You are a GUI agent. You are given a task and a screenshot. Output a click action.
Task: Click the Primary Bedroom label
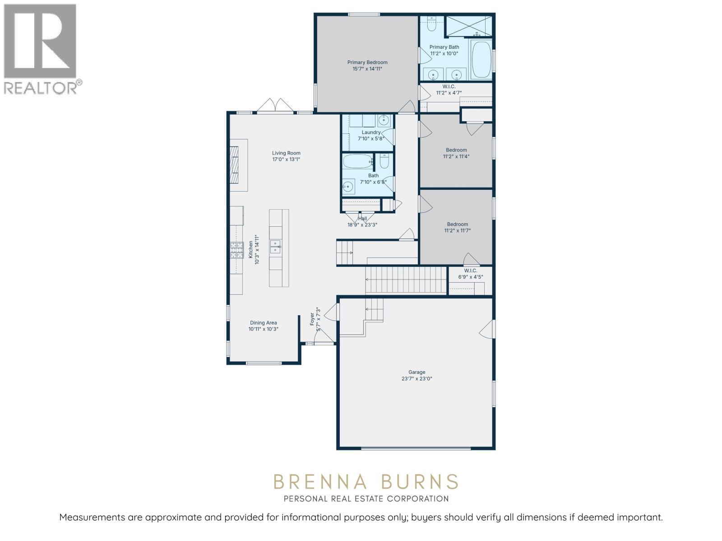pos(367,63)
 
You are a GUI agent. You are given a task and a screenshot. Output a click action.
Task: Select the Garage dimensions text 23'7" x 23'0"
pos(417,379)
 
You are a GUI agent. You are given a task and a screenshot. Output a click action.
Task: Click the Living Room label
pos(286,153)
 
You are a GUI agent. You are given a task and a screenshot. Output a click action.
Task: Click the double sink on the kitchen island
pos(275,246)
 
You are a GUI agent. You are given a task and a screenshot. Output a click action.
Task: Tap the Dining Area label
pos(264,323)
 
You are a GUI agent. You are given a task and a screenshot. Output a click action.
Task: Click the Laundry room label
pos(371,133)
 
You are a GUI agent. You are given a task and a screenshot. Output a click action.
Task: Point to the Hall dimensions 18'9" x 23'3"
pos(362,225)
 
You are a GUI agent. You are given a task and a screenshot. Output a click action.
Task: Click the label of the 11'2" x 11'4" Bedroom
pos(456,150)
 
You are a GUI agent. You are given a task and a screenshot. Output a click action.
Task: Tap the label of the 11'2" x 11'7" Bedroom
pos(457,224)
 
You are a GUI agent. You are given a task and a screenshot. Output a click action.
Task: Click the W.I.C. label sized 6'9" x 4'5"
pos(470,270)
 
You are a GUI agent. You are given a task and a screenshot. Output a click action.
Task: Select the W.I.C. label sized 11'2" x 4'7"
pos(449,87)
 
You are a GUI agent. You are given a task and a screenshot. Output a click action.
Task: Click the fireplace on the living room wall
pos(236,165)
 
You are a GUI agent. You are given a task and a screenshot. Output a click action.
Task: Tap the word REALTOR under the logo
pos(40,88)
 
